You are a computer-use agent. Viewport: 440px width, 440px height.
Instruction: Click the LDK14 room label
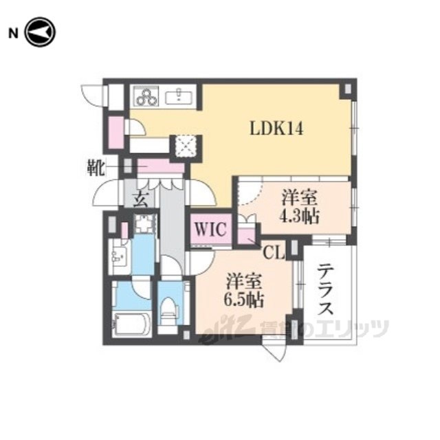(x=276, y=129)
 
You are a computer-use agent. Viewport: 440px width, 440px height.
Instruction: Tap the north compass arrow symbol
(x=40, y=32)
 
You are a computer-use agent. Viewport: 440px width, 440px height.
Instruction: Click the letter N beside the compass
(x=13, y=34)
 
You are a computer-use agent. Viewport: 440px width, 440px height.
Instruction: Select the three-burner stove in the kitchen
(x=146, y=96)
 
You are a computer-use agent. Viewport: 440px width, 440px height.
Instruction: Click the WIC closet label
(x=210, y=229)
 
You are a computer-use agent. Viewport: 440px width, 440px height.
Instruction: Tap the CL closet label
(x=274, y=254)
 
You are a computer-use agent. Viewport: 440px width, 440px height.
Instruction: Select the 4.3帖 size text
(x=300, y=217)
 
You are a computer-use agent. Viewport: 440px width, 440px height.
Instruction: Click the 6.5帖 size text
(x=244, y=300)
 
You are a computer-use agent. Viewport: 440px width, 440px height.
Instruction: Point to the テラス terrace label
(x=325, y=289)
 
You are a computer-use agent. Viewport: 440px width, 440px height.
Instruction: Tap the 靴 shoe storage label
(x=96, y=168)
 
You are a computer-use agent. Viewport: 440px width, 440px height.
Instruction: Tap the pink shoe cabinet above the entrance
(x=160, y=166)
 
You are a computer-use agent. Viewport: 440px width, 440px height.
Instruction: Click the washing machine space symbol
(x=145, y=223)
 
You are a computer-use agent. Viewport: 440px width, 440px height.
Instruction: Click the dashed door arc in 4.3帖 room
(x=250, y=194)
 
